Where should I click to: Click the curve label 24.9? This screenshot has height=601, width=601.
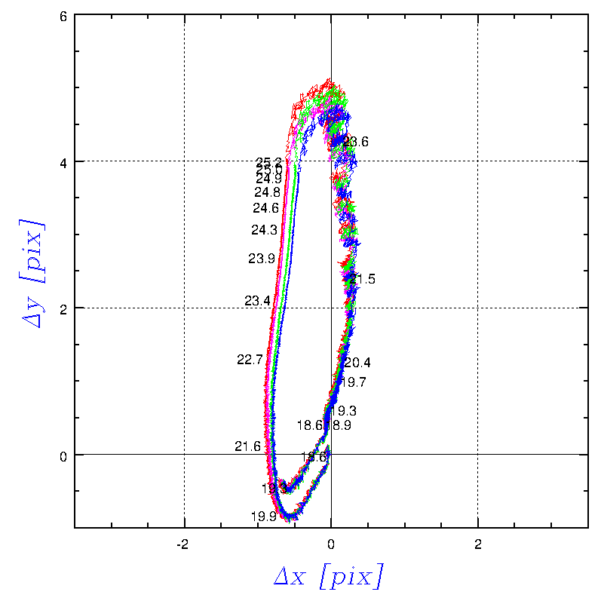coord(268,179)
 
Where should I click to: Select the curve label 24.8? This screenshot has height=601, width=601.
coord(267,192)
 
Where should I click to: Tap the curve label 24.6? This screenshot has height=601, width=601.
coord(265,208)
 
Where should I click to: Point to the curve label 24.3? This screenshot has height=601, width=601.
coord(264,230)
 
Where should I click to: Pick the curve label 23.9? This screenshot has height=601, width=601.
coord(261,259)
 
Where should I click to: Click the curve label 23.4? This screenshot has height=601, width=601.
coord(257,301)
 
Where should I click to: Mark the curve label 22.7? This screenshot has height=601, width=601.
coord(250,360)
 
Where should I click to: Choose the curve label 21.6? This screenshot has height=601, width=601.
coord(247,446)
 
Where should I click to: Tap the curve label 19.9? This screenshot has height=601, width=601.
coord(264,517)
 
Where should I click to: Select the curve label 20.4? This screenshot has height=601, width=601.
coord(357,363)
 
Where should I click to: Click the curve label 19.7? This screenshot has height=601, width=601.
coord(353,382)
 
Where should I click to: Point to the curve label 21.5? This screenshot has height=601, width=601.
coord(362,280)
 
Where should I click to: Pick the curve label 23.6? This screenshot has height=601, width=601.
coord(355,142)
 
